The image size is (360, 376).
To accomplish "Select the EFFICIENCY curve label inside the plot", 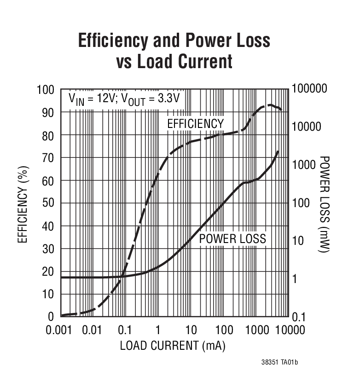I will [x=195, y=124].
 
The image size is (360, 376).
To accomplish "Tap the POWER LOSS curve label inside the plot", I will [x=232, y=238].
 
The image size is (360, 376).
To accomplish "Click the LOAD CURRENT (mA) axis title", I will [x=173, y=346].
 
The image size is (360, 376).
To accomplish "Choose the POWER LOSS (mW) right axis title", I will [x=325, y=203].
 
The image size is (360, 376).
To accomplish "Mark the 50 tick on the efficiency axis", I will [x=48, y=203].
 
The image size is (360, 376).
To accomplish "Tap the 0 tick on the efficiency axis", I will [x=51, y=317].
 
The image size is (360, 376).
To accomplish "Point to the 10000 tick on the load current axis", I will [x=290, y=330].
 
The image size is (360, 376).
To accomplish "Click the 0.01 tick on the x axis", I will [x=92, y=330].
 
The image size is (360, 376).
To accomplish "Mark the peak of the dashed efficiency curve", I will [x=269, y=105].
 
